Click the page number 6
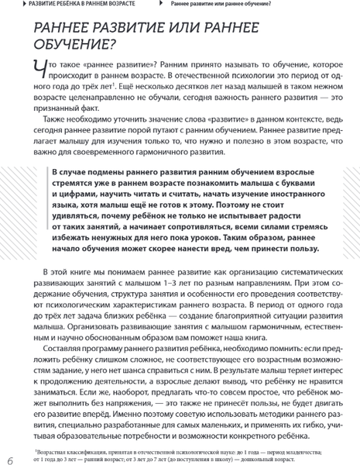10,452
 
